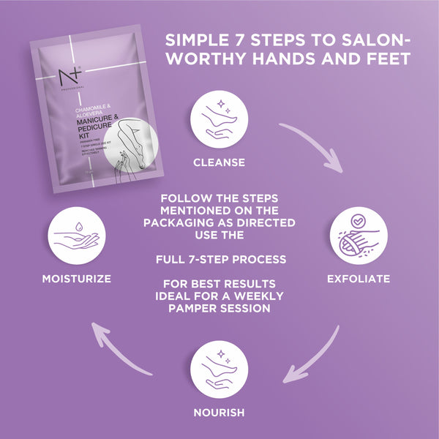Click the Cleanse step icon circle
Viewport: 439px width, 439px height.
(x=219, y=119)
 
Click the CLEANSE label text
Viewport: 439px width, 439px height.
(x=219, y=162)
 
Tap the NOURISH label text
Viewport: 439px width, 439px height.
(x=219, y=412)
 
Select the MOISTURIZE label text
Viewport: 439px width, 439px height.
(x=77, y=279)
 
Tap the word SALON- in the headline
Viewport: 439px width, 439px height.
(x=375, y=39)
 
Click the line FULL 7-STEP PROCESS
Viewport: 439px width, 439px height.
(x=219, y=259)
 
